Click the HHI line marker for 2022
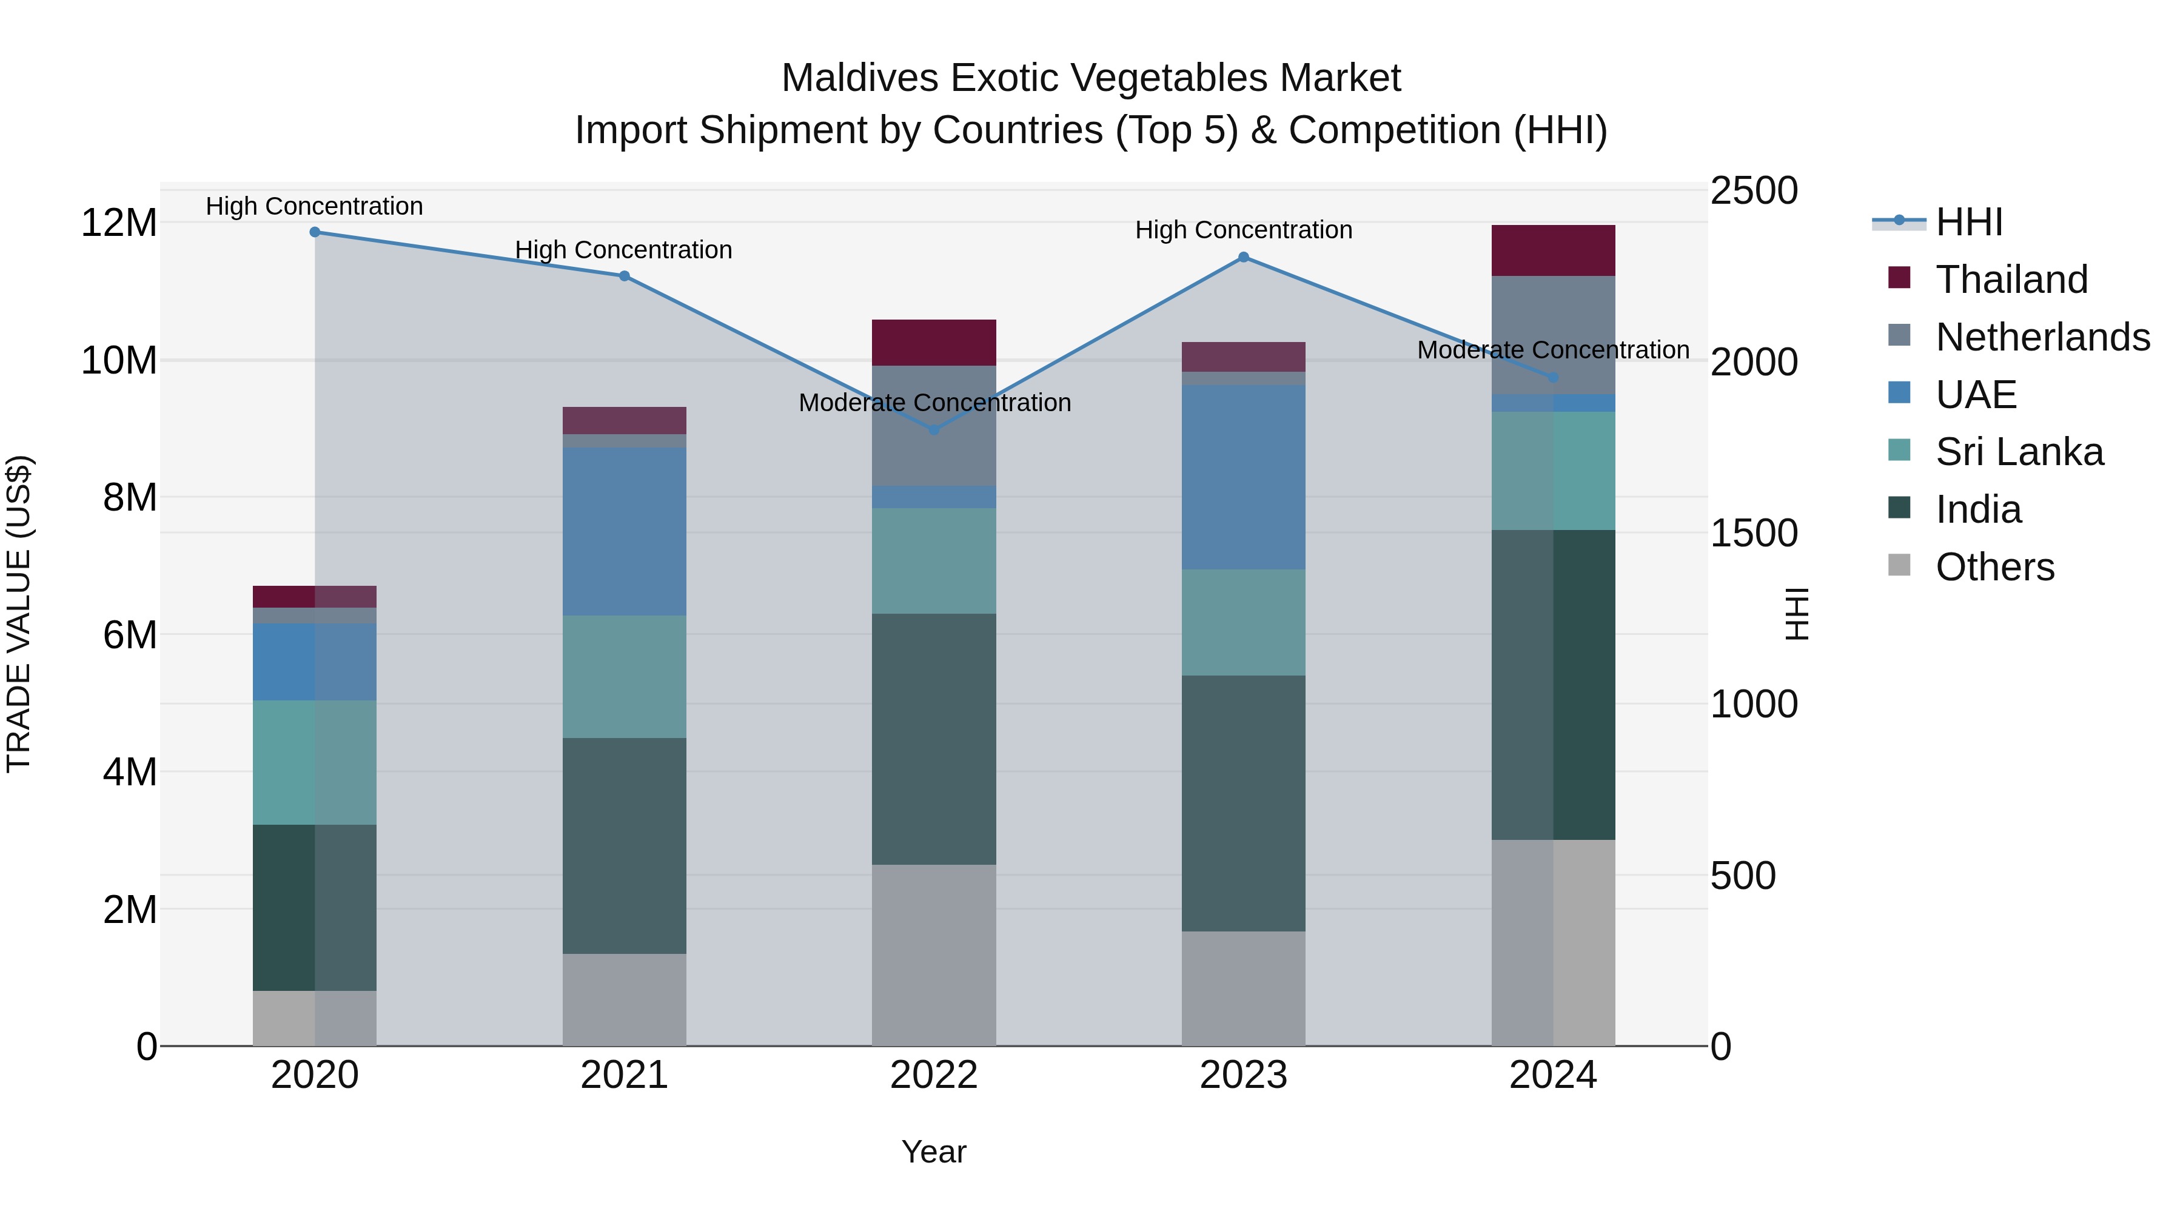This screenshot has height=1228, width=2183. [x=934, y=430]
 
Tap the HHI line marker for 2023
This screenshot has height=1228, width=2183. [x=1243, y=257]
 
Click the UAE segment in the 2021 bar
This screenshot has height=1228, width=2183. [x=624, y=531]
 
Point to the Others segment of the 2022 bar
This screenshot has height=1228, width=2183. [x=934, y=955]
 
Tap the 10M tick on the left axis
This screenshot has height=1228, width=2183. [x=119, y=361]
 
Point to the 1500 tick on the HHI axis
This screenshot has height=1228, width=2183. [x=1753, y=533]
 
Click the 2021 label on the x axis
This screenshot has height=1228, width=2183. [x=624, y=1075]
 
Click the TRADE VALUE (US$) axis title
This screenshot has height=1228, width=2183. [x=19, y=614]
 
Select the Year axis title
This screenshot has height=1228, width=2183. [x=934, y=1152]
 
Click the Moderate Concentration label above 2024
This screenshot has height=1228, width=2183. [x=1552, y=350]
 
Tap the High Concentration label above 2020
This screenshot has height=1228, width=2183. [x=314, y=206]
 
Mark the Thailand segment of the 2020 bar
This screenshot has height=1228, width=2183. [x=314, y=597]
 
